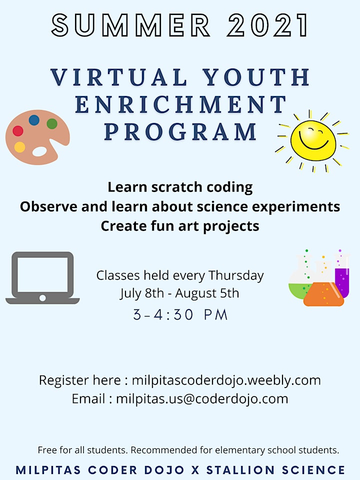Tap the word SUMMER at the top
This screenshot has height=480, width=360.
pos(131,25)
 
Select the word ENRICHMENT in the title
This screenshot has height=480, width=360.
pos(180,104)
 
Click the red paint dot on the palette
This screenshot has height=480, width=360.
pos(18,130)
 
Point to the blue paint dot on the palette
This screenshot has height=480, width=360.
pos(34,120)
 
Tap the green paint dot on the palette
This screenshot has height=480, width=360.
pos(52,123)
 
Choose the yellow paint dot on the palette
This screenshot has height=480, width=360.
pos(19,147)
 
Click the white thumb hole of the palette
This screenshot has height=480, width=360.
pos(40,151)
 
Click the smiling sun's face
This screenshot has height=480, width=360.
pos(313,140)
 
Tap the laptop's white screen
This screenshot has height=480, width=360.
pos(42,274)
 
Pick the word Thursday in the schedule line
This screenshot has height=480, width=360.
pos(236,275)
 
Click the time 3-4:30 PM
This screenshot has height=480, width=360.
pos(180,314)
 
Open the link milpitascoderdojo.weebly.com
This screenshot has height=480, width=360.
pos(226,380)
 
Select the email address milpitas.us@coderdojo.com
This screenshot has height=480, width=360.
pos(202,399)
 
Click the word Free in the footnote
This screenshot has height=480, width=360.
pos(47,450)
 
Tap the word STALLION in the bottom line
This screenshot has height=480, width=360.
pos(240,470)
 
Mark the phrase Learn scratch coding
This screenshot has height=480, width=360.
pos(180,187)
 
